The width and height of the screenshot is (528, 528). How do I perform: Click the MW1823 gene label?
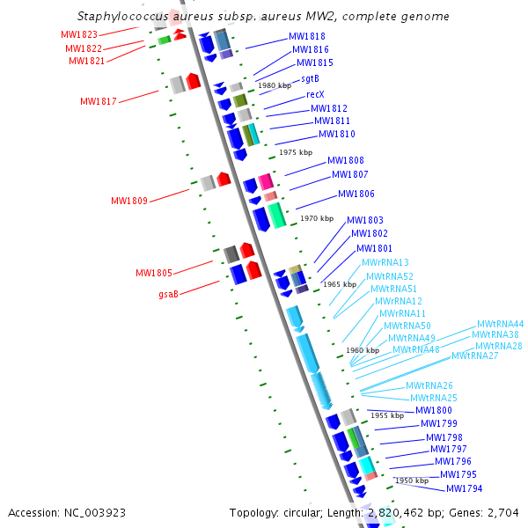(79, 34)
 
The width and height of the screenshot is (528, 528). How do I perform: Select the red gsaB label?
(168, 294)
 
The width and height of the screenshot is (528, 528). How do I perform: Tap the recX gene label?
(315, 94)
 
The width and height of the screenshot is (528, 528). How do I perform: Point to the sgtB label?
(310, 79)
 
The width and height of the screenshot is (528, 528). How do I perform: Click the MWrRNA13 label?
(385, 262)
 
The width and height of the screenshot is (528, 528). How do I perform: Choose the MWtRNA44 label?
(501, 324)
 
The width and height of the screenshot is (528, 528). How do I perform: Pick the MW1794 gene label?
(465, 488)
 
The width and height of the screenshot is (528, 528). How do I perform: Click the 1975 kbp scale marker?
(296, 152)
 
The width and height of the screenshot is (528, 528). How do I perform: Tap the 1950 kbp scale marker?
(412, 480)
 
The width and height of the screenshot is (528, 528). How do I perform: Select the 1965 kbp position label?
(340, 284)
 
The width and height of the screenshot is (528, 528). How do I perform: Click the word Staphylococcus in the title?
(122, 16)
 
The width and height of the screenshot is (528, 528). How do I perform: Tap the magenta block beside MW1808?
(266, 181)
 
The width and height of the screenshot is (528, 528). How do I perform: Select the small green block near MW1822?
(165, 40)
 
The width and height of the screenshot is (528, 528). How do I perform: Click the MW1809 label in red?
(129, 201)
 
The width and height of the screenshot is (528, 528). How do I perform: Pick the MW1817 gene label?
(99, 101)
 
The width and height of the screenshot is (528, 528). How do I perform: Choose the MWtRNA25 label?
(434, 398)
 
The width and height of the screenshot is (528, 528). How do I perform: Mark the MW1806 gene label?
(356, 194)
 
